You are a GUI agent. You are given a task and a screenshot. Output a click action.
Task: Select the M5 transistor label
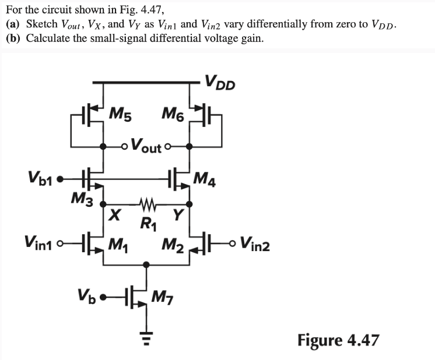120,113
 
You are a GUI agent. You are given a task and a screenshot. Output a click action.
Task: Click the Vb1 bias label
40,176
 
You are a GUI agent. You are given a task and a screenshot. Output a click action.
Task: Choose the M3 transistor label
81,197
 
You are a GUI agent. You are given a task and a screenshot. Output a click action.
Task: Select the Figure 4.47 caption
338,340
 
